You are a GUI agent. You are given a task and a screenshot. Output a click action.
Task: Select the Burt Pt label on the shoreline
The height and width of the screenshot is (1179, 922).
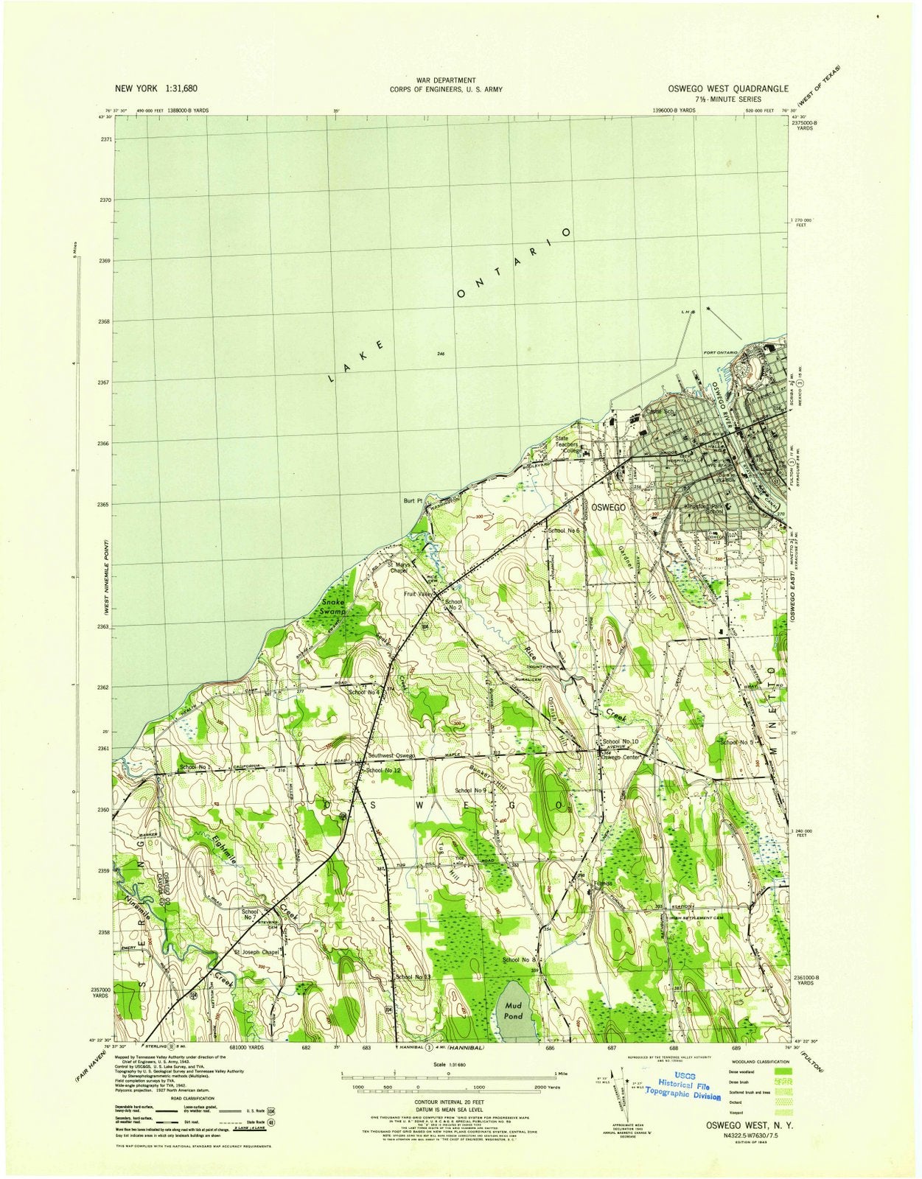point(412,500)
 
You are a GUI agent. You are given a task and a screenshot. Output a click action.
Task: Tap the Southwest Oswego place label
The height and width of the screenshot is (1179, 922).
point(392,756)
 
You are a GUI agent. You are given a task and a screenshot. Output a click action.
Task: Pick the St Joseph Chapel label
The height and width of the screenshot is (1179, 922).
point(256,952)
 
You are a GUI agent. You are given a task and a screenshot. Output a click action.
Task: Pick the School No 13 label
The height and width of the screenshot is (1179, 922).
point(413,977)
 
